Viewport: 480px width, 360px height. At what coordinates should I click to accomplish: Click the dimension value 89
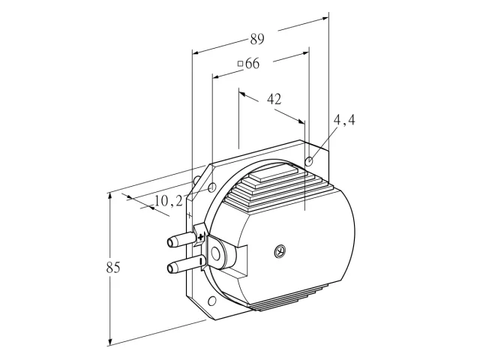(x=257, y=39)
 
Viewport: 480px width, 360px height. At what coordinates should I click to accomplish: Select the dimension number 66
(x=253, y=63)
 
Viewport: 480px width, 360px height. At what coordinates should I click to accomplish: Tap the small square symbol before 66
(x=241, y=64)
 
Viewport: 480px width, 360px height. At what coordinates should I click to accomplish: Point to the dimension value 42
(x=274, y=99)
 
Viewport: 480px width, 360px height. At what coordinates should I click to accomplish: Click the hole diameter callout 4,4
(x=344, y=120)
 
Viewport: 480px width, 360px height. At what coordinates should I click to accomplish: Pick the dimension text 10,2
(x=168, y=201)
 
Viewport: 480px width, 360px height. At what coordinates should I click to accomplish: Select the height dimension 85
(x=113, y=268)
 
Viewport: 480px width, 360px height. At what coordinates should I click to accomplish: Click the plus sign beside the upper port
(x=200, y=237)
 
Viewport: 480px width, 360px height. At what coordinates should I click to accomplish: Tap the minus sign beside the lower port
(x=201, y=261)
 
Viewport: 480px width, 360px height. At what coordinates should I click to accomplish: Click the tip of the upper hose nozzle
(x=169, y=242)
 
